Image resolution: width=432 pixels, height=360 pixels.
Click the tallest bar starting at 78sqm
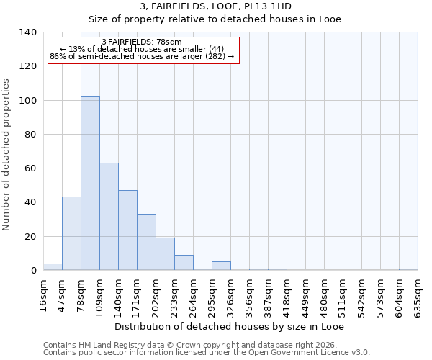90,184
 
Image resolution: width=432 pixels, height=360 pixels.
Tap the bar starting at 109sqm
109,217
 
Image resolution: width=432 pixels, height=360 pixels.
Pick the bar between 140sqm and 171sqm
127,230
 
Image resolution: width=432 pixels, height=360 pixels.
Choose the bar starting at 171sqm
146,242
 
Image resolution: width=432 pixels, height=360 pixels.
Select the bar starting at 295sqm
221,266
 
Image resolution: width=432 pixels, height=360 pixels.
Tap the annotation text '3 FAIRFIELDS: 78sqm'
142,42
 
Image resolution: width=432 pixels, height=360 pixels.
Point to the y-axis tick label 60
30,168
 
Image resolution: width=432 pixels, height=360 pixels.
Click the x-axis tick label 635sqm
418,297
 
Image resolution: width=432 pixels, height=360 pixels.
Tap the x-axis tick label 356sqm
249,297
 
